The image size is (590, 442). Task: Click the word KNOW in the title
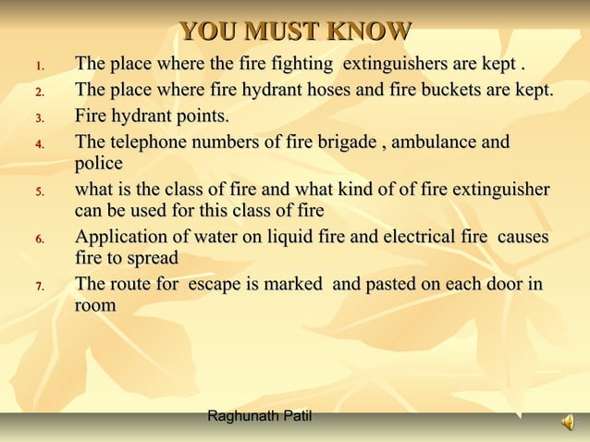tap(370, 31)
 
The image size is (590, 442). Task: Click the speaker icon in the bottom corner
tap(567, 423)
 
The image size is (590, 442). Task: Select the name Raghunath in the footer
tap(242, 417)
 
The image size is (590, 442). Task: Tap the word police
tap(99, 164)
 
